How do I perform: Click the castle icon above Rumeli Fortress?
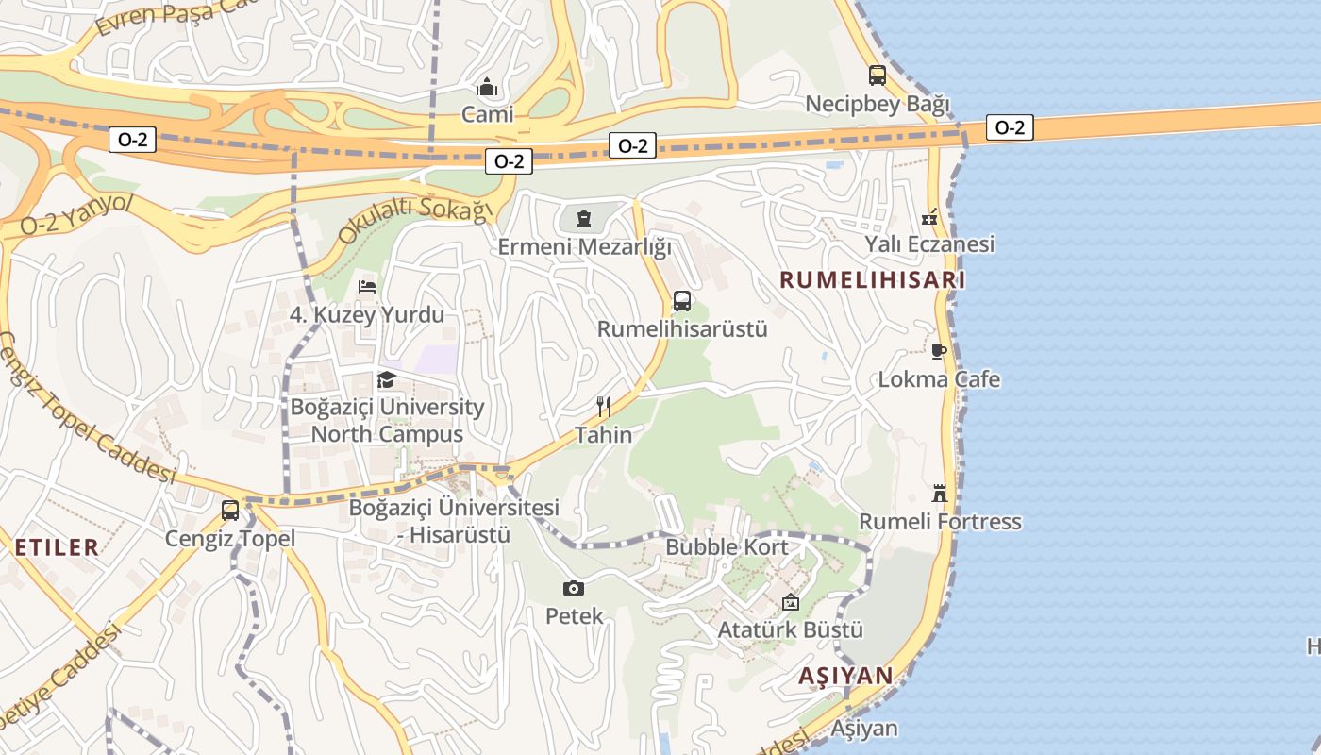pos(940,493)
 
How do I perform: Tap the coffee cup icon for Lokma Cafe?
pos(939,351)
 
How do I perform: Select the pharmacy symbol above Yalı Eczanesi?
pos(930,216)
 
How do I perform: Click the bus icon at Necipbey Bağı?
pos(878,75)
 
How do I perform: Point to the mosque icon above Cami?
pos(487,88)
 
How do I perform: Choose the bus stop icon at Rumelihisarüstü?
pos(682,301)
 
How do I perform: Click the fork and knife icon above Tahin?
pos(604,407)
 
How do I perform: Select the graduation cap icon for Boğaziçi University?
pos(387,379)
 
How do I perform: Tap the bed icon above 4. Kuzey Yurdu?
pos(368,286)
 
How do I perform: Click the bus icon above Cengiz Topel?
pos(230,511)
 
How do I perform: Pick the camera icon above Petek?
pos(573,588)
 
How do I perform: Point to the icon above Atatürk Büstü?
pos(791,601)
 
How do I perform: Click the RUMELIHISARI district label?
pos(874,280)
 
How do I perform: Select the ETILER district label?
pos(57,546)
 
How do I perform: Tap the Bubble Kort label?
pos(727,547)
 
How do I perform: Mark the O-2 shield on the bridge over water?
pos(1010,127)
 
